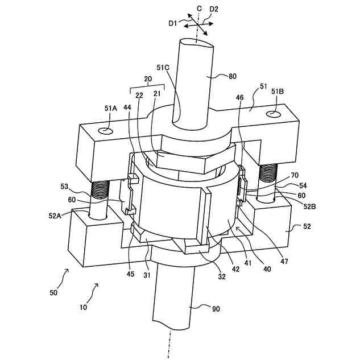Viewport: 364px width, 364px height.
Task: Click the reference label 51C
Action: point(163,68)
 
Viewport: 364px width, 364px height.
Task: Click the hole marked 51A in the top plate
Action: point(106,131)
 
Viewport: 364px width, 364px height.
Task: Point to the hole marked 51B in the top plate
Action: point(274,114)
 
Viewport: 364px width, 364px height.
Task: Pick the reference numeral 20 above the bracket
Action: point(147,79)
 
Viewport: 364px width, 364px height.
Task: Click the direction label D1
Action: point(173,23)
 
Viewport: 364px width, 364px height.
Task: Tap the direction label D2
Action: point(214,9)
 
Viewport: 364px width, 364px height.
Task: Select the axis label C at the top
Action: point(199,8)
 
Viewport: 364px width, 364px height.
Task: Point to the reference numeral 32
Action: point(222,277)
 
